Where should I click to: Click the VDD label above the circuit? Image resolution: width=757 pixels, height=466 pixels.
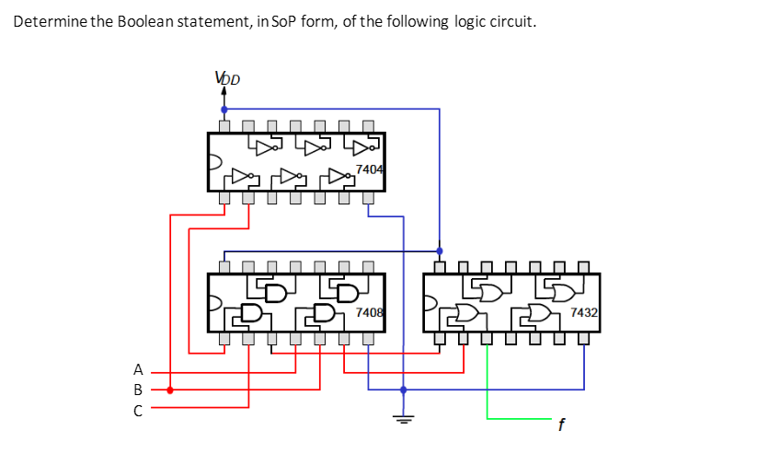226,79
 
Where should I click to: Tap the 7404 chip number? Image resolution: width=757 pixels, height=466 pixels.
369,169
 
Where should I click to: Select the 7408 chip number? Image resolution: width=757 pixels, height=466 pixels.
369,313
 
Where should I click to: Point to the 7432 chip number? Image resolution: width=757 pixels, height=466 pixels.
584,313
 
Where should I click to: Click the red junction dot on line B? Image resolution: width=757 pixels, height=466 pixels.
170,390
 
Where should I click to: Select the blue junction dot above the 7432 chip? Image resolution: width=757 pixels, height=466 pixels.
439,250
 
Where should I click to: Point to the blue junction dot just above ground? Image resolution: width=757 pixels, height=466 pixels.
403,390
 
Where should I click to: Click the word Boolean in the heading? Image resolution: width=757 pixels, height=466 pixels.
150,21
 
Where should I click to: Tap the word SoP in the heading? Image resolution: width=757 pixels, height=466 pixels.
275,21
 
